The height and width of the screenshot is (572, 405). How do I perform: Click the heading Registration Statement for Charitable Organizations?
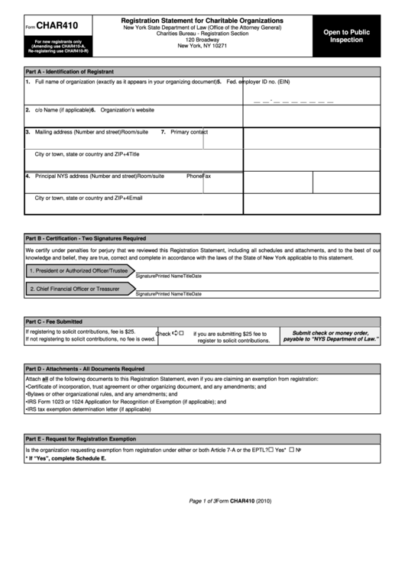point(202,20)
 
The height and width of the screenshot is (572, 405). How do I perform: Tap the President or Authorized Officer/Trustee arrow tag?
point(78,270)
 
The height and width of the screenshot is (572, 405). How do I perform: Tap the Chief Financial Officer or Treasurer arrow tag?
point(75,289)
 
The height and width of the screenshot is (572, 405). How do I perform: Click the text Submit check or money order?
point(330,333)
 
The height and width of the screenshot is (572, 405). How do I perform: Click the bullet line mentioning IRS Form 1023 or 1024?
point(127,401)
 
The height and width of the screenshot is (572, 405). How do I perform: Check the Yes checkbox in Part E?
point(271,450)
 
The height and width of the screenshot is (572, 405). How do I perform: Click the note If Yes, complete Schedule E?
point(66,458)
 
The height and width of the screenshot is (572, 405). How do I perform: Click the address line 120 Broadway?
point(202,40)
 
